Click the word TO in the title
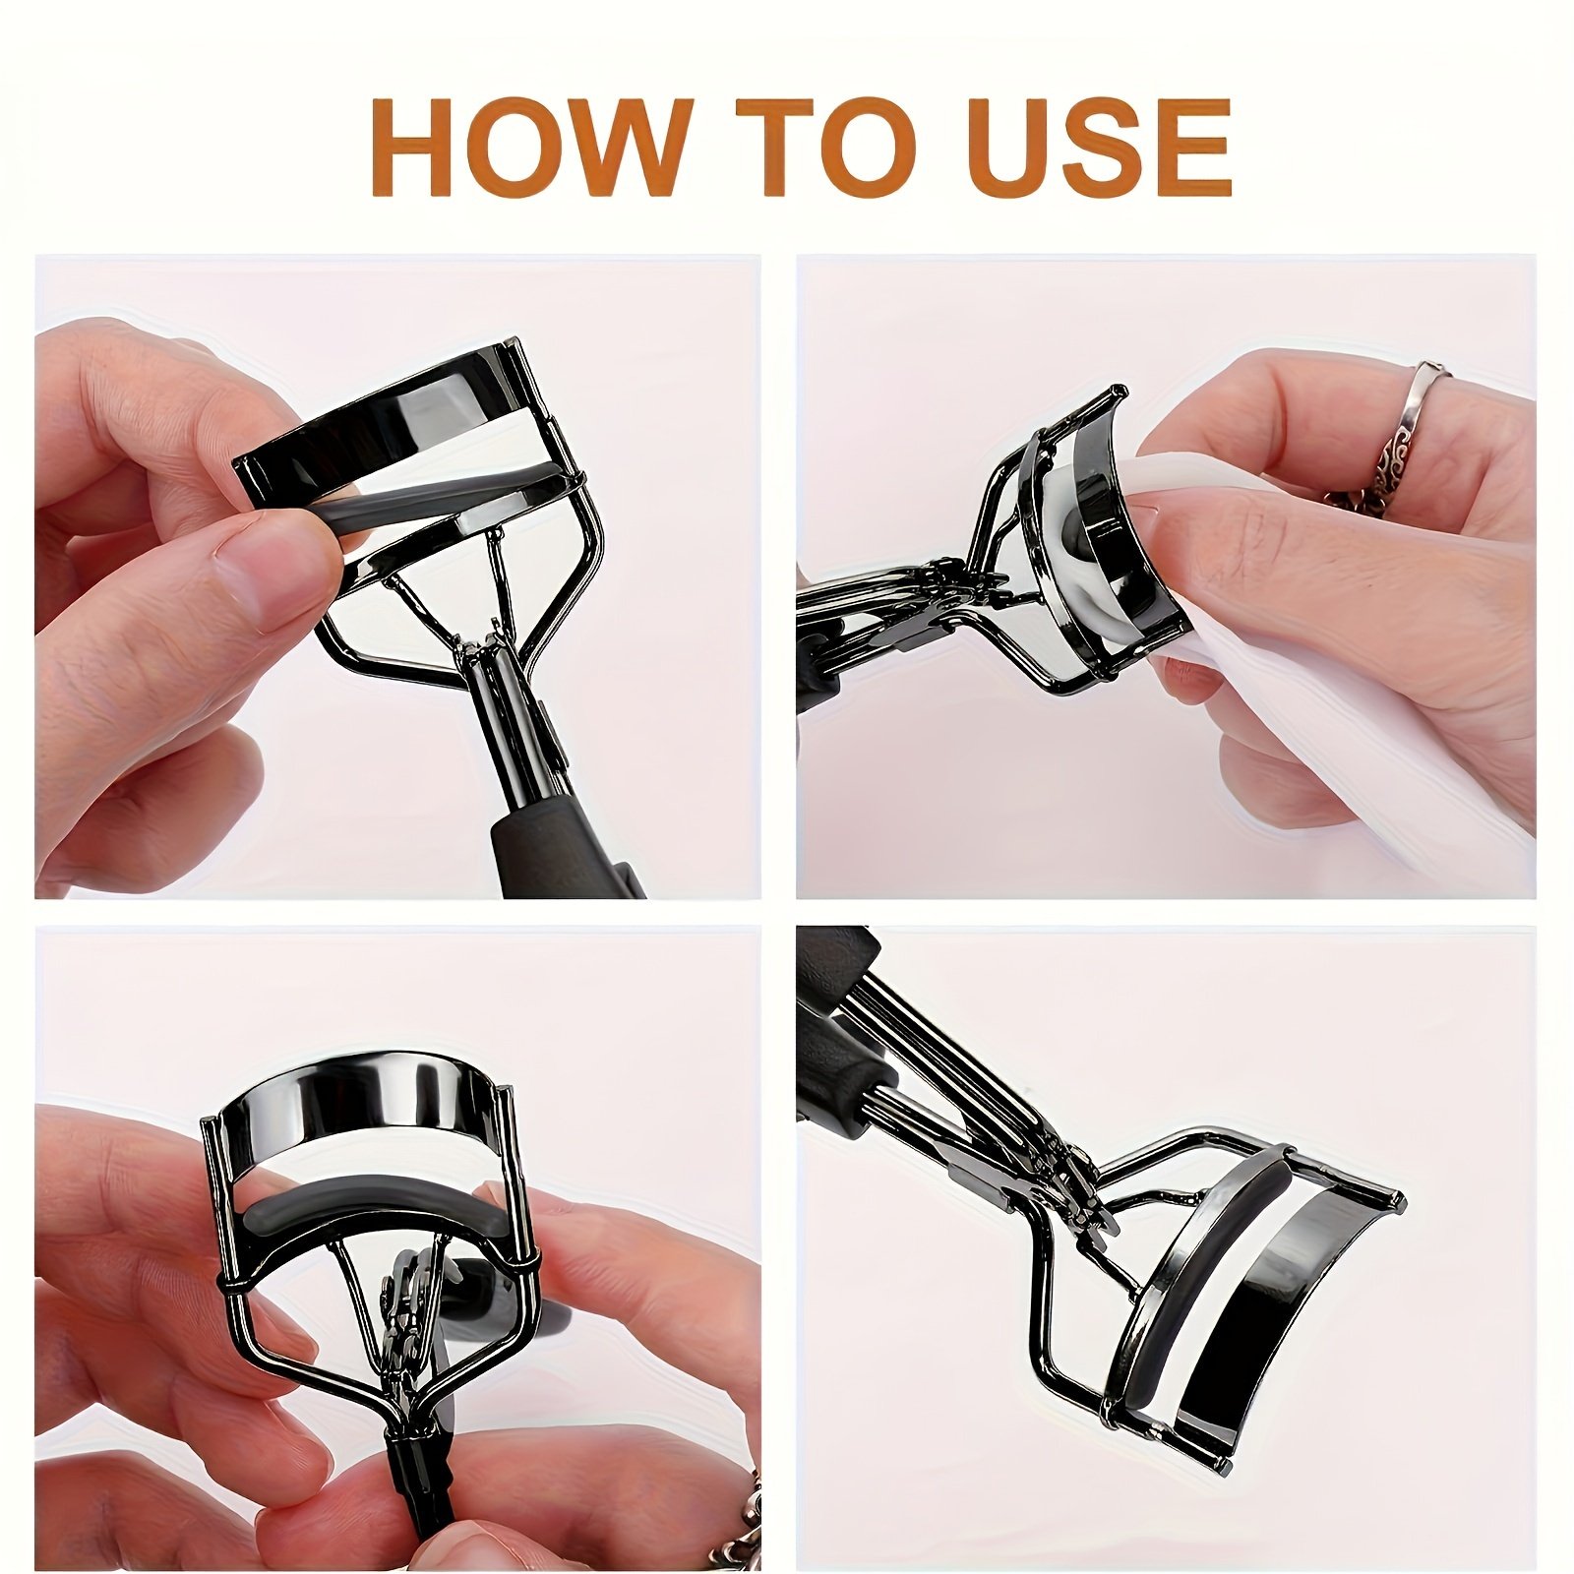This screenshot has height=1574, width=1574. pos(835,147)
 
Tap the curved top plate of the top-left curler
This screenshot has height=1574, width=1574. pos(384,413)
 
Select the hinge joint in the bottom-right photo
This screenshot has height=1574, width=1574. pos(1067,1180)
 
